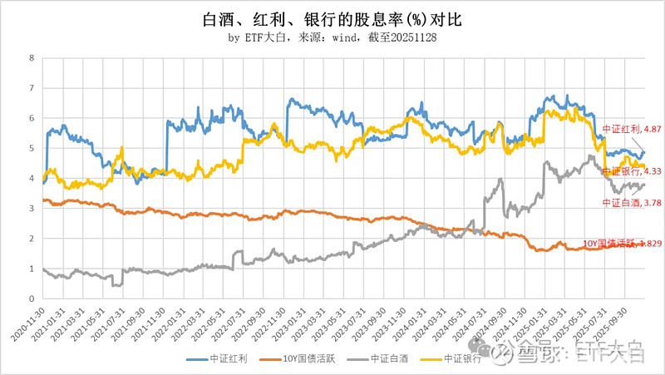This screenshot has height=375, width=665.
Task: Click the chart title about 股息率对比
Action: point(332,19)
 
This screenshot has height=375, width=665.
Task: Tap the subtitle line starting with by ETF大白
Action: point(332,38)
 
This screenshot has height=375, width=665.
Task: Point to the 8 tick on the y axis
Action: point(32,58)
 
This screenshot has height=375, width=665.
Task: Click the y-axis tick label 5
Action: point(32,149)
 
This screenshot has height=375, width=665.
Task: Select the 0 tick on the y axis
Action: point(32,299)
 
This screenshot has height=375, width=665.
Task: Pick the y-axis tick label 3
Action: point(32,209)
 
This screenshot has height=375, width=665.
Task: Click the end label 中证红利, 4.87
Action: point(631,130)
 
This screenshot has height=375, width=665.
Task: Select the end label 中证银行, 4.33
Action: point(631,171)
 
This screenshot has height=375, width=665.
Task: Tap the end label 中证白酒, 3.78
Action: point(631,202)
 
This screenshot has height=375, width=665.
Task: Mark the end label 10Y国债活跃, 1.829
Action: point(615,243)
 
